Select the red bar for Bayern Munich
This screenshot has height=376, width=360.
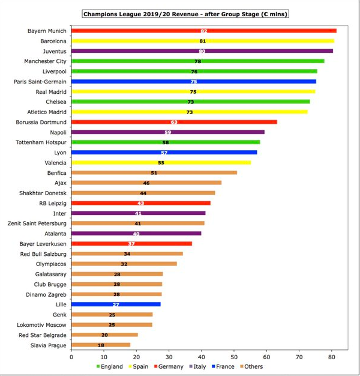point(203,31)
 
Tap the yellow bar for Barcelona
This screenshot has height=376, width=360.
point(202,41)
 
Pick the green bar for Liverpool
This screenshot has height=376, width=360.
point(194,71)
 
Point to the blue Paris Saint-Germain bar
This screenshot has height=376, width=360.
point(193,81)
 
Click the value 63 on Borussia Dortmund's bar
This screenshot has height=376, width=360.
point(174,122)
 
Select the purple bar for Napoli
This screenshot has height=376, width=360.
point(167,132)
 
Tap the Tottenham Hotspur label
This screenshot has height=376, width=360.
point(41,142)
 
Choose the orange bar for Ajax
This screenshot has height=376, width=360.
point(146,183)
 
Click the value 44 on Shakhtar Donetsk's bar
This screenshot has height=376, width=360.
point(143,193)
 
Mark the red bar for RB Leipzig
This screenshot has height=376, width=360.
point(140,203)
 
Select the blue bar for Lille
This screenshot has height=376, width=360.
point(116,304)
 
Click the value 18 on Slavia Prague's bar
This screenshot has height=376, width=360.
point(100,345)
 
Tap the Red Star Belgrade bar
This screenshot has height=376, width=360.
point(104,335)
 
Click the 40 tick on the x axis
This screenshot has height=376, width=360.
point(201,356)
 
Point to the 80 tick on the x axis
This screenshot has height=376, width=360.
point(331,356)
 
